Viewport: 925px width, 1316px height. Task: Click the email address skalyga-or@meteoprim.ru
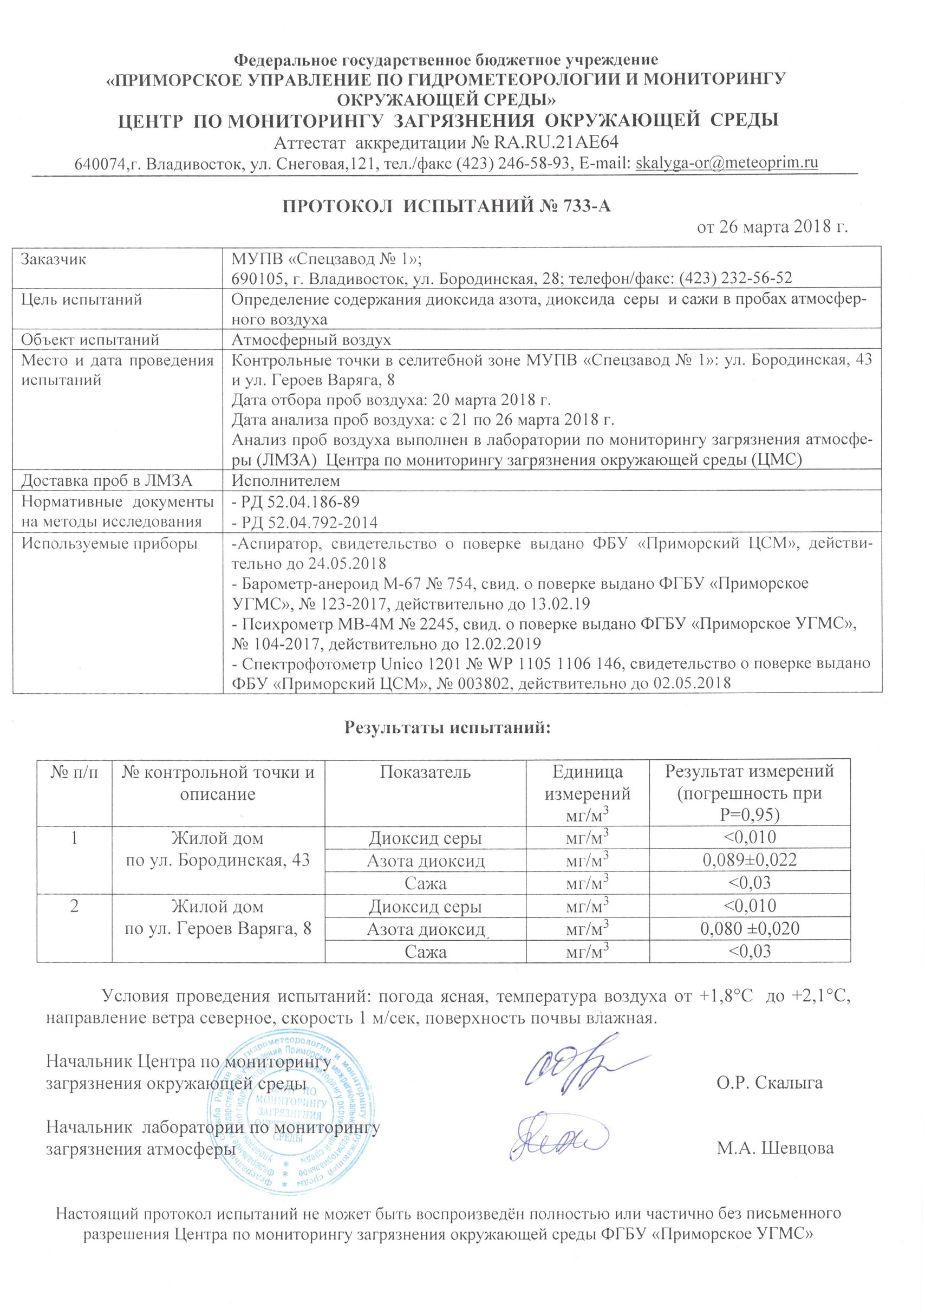point(727,163)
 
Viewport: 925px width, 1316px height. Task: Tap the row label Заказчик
point(53,258)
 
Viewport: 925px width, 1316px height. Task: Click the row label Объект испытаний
point(90,340)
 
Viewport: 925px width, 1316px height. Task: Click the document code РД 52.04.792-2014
point(304,522)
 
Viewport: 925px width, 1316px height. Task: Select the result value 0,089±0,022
point(749,860)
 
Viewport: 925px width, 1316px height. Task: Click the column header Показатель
point(425,772)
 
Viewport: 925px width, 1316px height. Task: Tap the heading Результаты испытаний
point(447,727)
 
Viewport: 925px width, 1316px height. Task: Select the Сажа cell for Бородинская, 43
point(425,883)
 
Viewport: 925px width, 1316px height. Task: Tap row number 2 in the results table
point(75,906)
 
